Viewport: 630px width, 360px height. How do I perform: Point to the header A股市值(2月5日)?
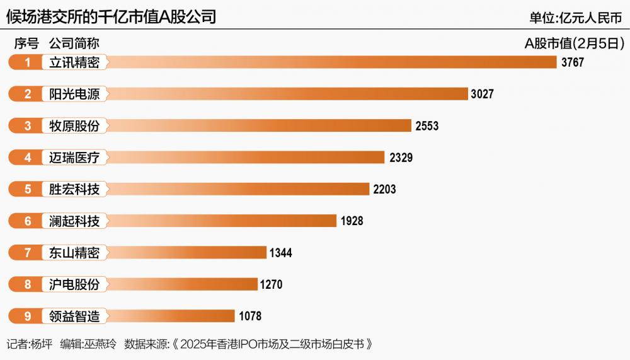point(574,44)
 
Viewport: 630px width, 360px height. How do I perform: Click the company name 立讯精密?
point(74,62)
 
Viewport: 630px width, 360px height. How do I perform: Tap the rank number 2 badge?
point(28,94)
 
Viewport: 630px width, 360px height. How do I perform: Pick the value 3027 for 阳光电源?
point(482,94)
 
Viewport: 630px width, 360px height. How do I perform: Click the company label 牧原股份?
point(74,125)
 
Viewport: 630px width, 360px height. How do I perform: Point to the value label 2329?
point(401,157)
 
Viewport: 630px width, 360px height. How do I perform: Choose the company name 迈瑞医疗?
point(74,157)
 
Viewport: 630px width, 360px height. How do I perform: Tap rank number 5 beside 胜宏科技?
point(28,189)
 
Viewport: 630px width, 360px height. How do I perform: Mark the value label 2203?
point(384,189)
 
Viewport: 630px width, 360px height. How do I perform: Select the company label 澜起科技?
point(74,221)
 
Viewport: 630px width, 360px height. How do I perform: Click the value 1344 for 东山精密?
point(280,253)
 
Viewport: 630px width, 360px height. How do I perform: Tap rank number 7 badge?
point(28,253)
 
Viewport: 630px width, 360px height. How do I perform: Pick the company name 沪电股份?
point(74,284)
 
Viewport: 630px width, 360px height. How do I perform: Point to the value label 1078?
point(249,316)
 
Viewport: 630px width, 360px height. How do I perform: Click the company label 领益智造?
point(74,316)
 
